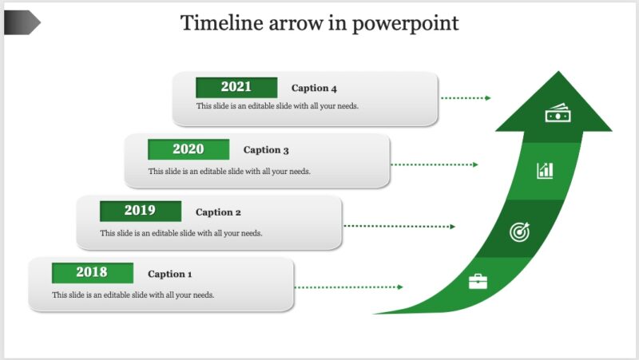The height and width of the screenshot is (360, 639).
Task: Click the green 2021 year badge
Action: coord(236,87)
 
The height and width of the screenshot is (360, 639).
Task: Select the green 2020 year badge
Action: coord(189,149)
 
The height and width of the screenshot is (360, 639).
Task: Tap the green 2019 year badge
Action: coord(140,212)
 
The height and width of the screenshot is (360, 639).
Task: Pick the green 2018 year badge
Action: coord(92,273)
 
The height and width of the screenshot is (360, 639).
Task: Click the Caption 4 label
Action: coord(314,89)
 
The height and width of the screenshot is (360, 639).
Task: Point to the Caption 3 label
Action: coord(266,150)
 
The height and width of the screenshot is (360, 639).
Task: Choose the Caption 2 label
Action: coord(218,212)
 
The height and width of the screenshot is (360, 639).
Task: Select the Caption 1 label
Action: coord(170,275)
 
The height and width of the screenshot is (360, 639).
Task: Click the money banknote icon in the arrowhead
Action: coord(558,115)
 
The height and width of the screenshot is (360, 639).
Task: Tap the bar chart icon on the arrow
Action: coord(546,169)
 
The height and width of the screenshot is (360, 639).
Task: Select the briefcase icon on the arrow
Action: coord(478,281)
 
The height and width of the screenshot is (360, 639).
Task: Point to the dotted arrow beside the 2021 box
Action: coord(466,98)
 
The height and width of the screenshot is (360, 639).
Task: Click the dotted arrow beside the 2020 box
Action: coord(435,165)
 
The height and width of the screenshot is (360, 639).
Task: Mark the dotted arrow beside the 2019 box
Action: coord(399,227)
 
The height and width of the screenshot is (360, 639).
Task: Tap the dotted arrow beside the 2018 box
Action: coord(349,287)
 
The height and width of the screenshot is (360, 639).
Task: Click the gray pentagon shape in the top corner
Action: coord(22,23)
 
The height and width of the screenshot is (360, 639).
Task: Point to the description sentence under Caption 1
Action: coord(133,295)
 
